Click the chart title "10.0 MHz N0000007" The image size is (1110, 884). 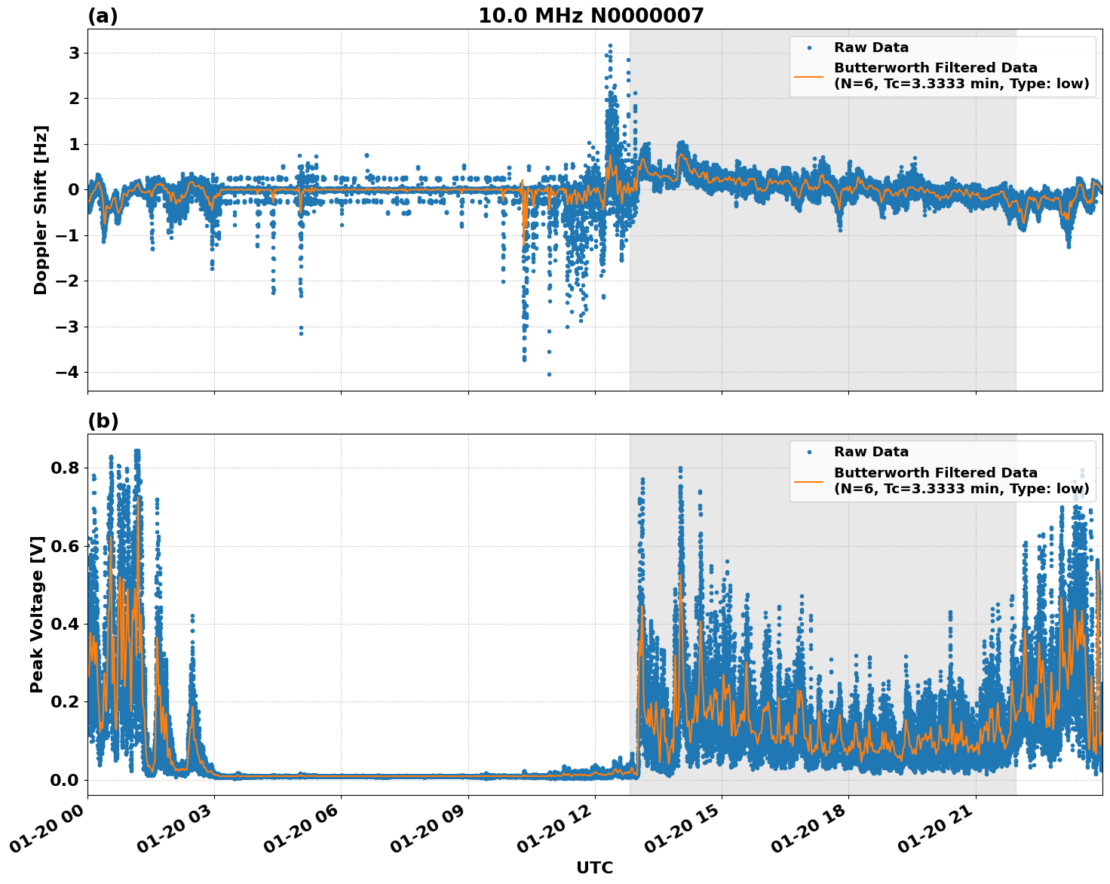590,16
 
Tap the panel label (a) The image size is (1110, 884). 103,16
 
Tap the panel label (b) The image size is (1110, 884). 103,421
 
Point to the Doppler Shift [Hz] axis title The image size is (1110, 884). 41,210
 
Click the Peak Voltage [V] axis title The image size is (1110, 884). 37,614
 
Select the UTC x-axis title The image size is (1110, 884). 594,867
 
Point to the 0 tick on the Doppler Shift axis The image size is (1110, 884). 74,189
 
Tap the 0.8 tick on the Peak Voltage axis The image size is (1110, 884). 65,468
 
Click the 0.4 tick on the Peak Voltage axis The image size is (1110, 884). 65,624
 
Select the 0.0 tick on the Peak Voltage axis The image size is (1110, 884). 65,780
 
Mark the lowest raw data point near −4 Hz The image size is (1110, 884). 549,374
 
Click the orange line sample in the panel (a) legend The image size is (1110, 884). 809,75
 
